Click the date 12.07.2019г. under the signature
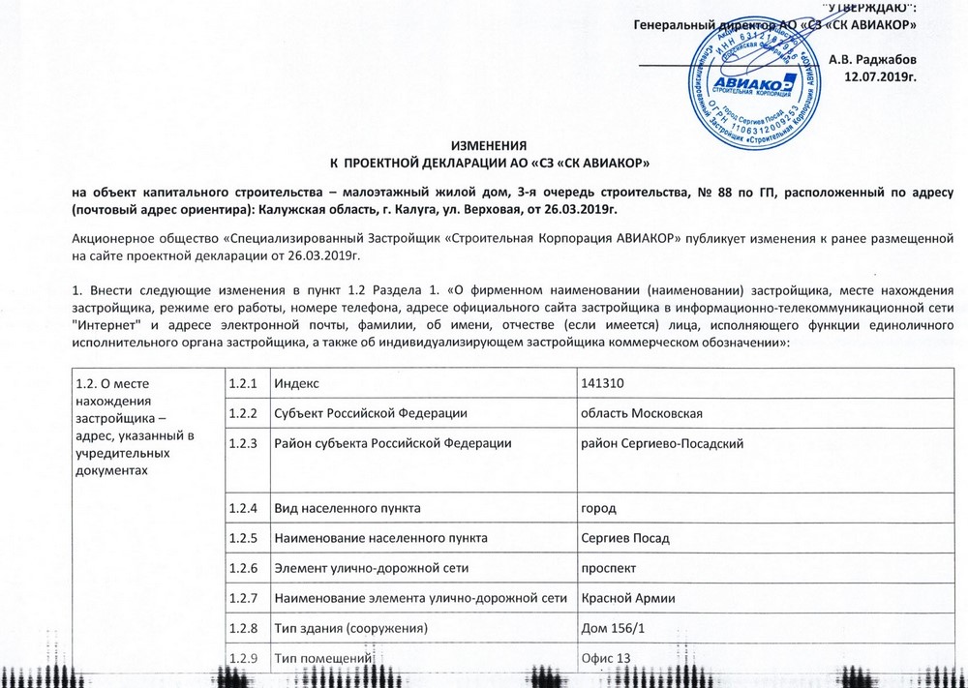[880, 75]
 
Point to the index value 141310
[601, 384]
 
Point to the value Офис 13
[605, 659]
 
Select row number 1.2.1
[243, 384]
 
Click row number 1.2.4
[243, 507]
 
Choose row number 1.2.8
[243, 629]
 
